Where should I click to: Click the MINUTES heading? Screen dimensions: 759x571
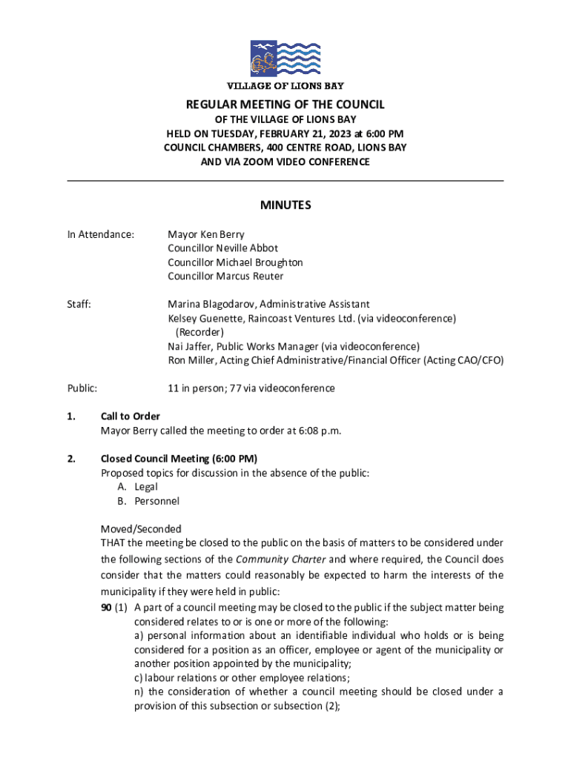coord(285,205)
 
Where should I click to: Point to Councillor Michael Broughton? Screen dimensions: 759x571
coord(235,262)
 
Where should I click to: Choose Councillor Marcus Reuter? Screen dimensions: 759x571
coord(225,276)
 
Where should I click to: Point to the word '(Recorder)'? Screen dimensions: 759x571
coord(199,332)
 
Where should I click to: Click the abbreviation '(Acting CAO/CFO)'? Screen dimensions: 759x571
coord(463,360)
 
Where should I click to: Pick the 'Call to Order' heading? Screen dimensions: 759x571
coord(131,417)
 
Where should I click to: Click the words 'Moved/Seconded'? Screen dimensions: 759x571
coord(141,529)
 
